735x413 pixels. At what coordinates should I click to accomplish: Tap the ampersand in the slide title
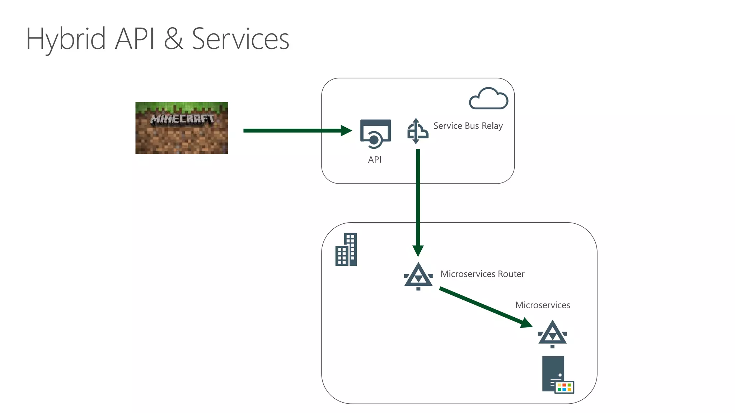[x=173, y=39]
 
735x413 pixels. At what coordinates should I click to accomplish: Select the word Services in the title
[x=240, y=39]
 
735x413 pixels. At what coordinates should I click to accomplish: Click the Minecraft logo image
[x=182, y=128]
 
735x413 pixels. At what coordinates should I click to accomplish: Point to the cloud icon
[x=488, y=99]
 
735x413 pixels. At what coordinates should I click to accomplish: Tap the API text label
[x=375, y=160]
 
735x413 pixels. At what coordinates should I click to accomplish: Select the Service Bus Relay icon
[x=417, y=131]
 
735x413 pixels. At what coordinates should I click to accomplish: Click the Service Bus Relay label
[x=468, y=126]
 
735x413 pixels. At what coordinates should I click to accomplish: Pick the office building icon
[x=346, y=250]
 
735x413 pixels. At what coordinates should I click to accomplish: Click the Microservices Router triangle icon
[x=418, y=276]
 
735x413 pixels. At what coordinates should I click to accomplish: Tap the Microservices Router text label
[x=482, y=274]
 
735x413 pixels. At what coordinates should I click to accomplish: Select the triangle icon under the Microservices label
[x=552, y=334]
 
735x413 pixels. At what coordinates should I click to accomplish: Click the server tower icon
[x=553, y=373]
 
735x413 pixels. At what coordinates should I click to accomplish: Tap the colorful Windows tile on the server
[x=565, y=387]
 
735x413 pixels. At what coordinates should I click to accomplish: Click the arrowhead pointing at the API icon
[x=346, y=130]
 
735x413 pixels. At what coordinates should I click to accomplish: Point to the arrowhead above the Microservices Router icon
[x=418, y=250]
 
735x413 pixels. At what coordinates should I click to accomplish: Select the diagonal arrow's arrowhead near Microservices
[x=526, y=323]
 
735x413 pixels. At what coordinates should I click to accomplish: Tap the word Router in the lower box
[x=511, y=274]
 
